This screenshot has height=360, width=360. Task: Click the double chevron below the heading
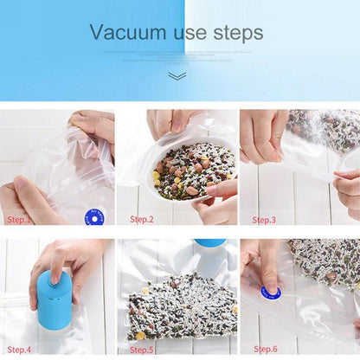coord(177,76)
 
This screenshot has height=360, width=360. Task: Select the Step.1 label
coord(20,219)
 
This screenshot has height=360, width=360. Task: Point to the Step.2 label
coord(142,219)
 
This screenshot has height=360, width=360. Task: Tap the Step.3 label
coord(264,219)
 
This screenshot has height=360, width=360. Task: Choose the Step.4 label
coord(20,350)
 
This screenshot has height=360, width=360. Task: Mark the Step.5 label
coord(142,350)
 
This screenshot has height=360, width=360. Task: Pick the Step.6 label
coord(264,350)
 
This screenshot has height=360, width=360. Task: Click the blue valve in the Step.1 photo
coord(94,217)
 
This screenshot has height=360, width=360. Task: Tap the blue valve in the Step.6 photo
coord(272,292)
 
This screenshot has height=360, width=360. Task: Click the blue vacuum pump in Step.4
coord(54,300)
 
